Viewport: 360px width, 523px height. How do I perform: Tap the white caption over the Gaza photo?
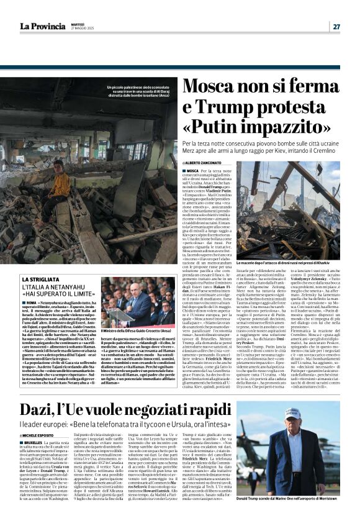[x=130, y=93]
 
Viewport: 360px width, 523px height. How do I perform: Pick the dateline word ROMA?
[x=32, y=301]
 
